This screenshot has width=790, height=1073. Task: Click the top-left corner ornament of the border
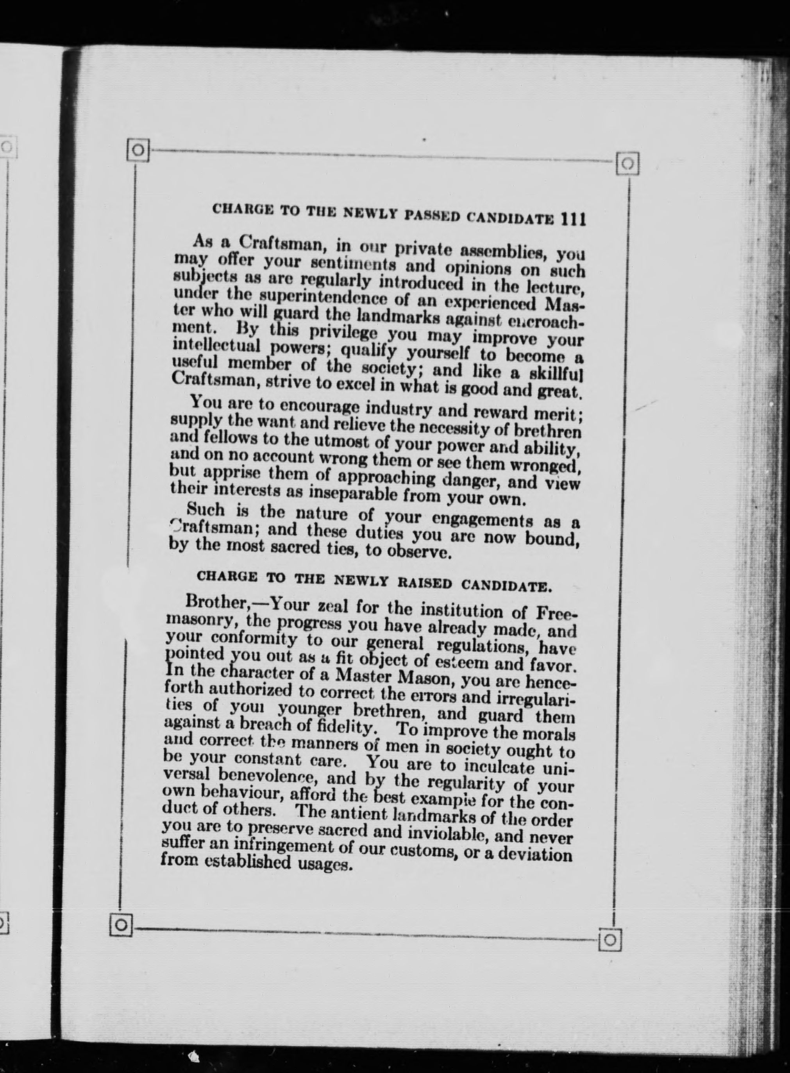coord(138,150)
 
